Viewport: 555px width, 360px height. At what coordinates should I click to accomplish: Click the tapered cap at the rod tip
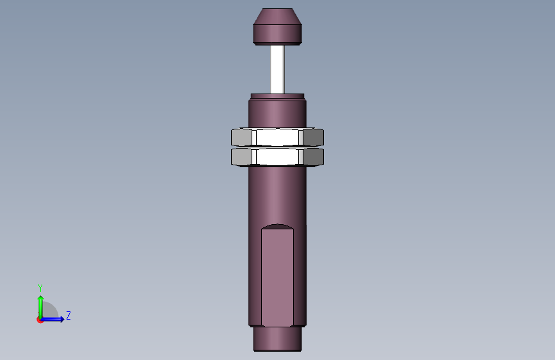tap(277, 26)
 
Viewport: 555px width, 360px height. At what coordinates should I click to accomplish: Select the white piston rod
tap(278, 69)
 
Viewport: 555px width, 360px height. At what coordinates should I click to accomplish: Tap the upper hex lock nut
tap(277, 137)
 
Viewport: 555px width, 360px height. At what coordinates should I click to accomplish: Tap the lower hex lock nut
tap(277, 157)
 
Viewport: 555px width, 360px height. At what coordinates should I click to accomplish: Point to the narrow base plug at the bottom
tap(277, 339)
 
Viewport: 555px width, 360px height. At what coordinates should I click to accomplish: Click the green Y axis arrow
tap(41, 307)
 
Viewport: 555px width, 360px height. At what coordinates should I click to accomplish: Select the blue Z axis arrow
tap(52, 319)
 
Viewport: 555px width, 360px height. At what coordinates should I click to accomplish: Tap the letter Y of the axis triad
tap(40, 288)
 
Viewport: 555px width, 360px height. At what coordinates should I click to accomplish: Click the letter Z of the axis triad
tap(68, 315)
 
